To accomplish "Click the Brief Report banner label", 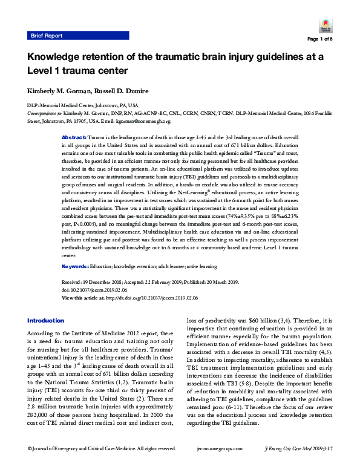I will point(47,36).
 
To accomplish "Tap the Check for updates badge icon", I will point(324,27).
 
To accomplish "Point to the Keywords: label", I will point(75,249).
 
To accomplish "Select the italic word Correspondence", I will point(45,113).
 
